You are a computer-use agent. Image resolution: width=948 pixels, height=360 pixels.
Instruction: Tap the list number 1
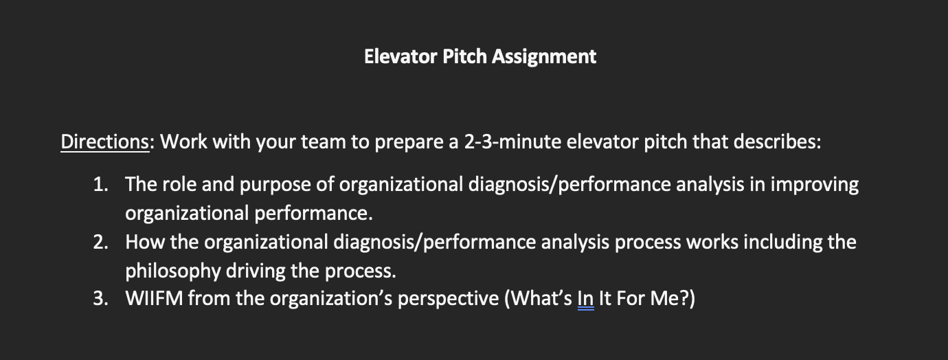point(100,185)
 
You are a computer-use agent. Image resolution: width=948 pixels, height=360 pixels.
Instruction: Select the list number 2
point(100,243)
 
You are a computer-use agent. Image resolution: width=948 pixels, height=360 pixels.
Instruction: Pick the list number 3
point(100,299)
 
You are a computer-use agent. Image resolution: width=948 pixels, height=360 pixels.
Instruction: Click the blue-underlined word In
point(585,299)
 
